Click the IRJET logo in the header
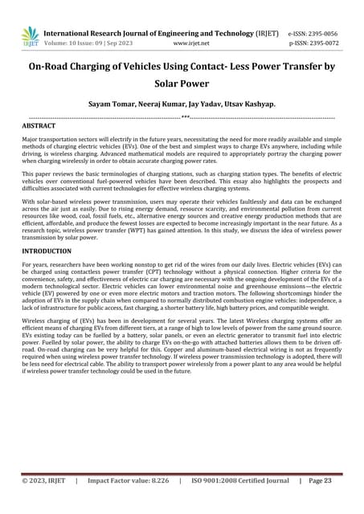coord(30,35)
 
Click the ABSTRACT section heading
coord(39,127)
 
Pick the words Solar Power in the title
coord(182,84)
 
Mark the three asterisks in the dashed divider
coord(185,117)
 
